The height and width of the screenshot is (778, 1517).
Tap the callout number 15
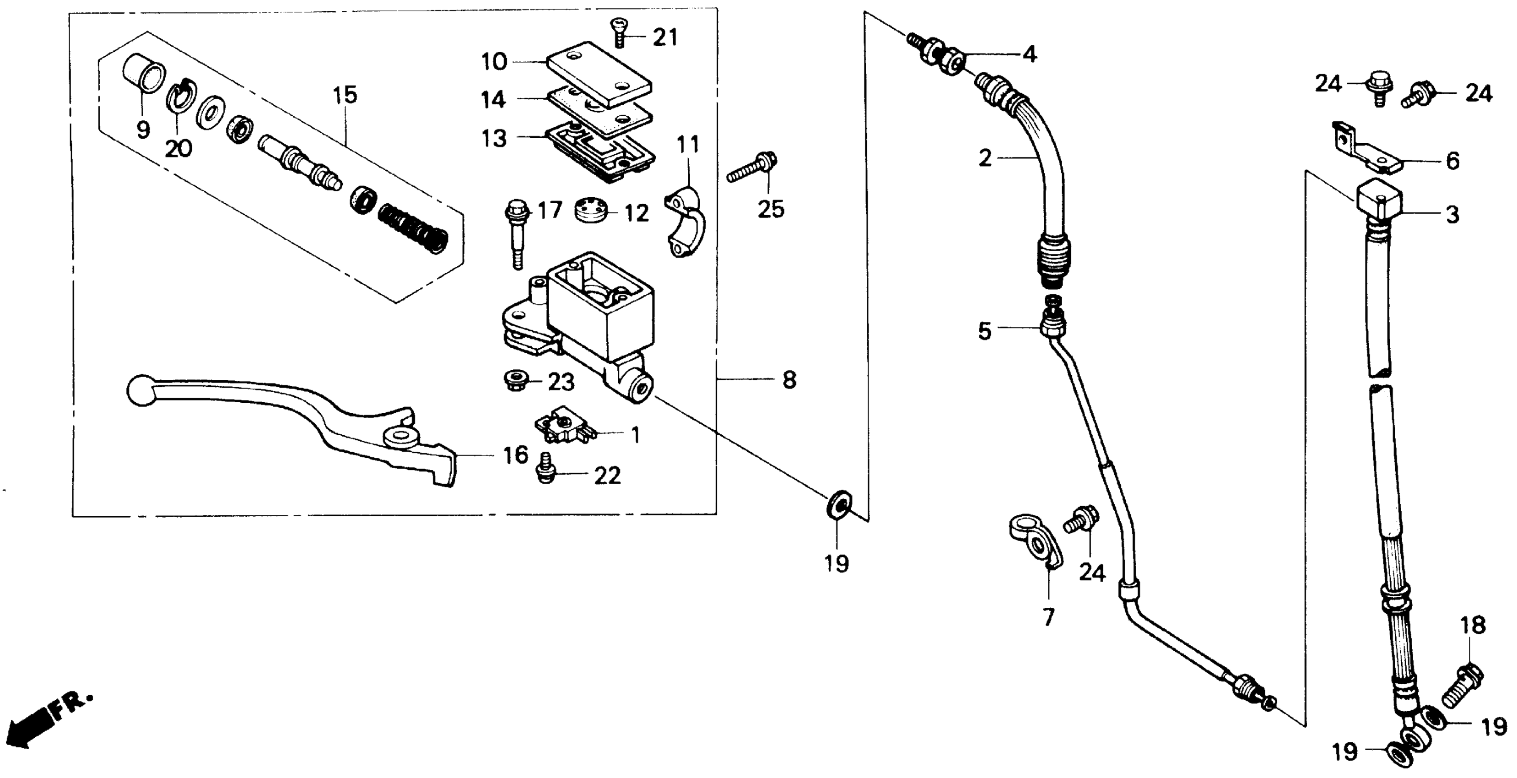pyautogui.click(x=345, y=95)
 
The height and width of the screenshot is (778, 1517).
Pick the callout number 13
pyautogui.click(x=493, y=139)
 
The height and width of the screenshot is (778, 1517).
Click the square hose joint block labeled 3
pyautogui.click(x=1379, y=204)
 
